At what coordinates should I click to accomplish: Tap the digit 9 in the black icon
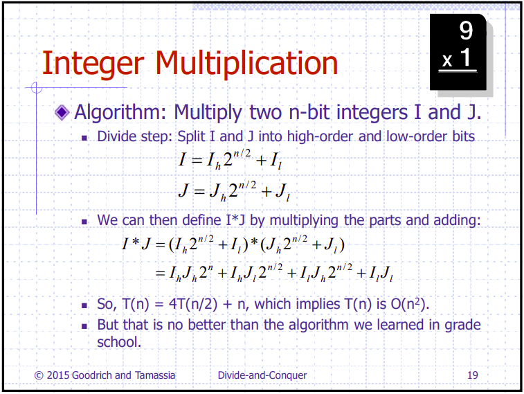[x=466, y=30]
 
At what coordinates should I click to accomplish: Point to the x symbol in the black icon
[x=447, y=61]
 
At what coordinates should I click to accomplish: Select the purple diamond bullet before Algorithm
[x=62, y=112]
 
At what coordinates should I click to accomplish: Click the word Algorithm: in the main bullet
[x=120, y=113]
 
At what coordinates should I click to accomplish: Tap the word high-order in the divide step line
[x=320, y=136]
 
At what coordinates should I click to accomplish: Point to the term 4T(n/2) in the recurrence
[x=193, y=304]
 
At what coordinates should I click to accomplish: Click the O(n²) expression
[x=410, y=304]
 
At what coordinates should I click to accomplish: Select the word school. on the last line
[x=119, y=342]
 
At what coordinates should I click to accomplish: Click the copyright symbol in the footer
[x=39, y=375]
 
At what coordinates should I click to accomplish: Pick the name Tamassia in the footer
[x=155, y=375]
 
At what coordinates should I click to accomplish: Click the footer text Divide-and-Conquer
[x=262, y=375]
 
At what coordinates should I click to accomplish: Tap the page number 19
[x=473, y=375]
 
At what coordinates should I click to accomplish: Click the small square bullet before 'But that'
[x=84, y=326]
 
